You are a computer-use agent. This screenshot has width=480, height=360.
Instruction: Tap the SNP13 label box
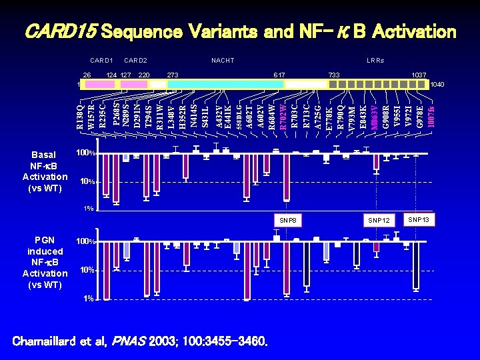[419, 219]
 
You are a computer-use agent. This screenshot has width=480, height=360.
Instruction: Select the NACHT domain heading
[223, 61]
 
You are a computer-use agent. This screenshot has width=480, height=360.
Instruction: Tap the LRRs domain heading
[375, 61]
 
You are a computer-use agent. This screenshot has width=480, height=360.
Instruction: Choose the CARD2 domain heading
[135, 61]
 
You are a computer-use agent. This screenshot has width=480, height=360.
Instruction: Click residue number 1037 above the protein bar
[419, 75]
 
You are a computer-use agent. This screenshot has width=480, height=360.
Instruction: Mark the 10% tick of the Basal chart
[85, 182]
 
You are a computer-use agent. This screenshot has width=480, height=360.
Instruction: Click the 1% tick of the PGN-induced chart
[88, 298]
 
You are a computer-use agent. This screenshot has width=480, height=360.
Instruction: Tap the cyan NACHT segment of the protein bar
[227, 84]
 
